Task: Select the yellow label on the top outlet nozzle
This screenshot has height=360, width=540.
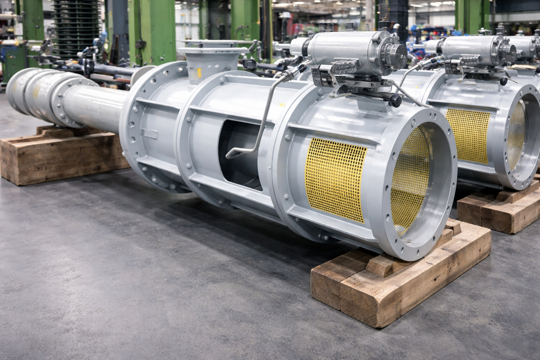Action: pyautogui.click(x=199, y=73)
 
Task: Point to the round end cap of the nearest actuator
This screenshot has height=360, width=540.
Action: pyautogui.click(x=394, y=53)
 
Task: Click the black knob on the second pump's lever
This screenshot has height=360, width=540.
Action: pyautogui.click(x=504, y=82)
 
